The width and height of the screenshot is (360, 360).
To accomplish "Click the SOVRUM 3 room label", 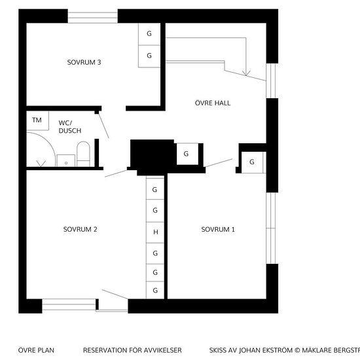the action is (84, 62).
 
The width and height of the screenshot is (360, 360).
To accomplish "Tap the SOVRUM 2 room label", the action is (80, 229).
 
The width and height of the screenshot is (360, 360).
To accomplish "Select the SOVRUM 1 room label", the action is (218, 229).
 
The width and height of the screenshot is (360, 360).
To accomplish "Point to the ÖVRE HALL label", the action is (213, 103).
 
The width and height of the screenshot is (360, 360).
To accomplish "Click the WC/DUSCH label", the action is (70, 127).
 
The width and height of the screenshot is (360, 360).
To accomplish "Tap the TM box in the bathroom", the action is (38, 120).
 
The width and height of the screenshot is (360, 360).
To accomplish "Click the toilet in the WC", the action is (83, 154).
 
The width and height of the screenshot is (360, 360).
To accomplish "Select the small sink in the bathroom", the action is (66, 160).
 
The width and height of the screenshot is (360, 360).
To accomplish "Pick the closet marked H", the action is (155, 232).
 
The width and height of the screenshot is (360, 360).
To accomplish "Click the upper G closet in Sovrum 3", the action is (149, 34).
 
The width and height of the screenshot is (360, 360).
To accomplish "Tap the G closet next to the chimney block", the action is (187, 154).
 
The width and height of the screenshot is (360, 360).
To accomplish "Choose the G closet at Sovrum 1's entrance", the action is (253, 162).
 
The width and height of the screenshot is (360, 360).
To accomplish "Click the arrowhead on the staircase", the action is (246, 73).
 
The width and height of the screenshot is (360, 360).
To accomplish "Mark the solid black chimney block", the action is (152, 156).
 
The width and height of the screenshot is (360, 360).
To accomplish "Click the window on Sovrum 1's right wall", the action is (272, 228).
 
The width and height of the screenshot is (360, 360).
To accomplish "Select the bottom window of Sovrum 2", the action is (69, 304).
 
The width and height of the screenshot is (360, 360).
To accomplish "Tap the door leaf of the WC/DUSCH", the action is (104, 126).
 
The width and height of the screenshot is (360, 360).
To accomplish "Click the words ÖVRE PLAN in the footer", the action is (36, 350).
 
